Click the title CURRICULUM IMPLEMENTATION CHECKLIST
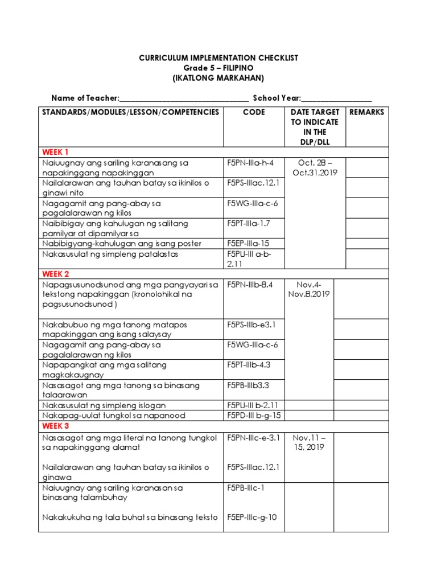(218, 58)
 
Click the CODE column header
(254, 112)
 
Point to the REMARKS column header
(366, 112)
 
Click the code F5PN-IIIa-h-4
(250, 163)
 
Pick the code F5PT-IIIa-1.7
(249, 224)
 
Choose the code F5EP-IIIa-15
(248, 244)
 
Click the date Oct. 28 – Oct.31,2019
(314, 168)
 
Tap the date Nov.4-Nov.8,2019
(312, 289)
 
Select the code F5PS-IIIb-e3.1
(251, 325)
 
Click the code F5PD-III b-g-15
(254, 416)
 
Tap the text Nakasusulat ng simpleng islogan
(104, 405)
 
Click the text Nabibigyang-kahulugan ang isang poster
(122, 244)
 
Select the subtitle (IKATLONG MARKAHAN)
(218, 78)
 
